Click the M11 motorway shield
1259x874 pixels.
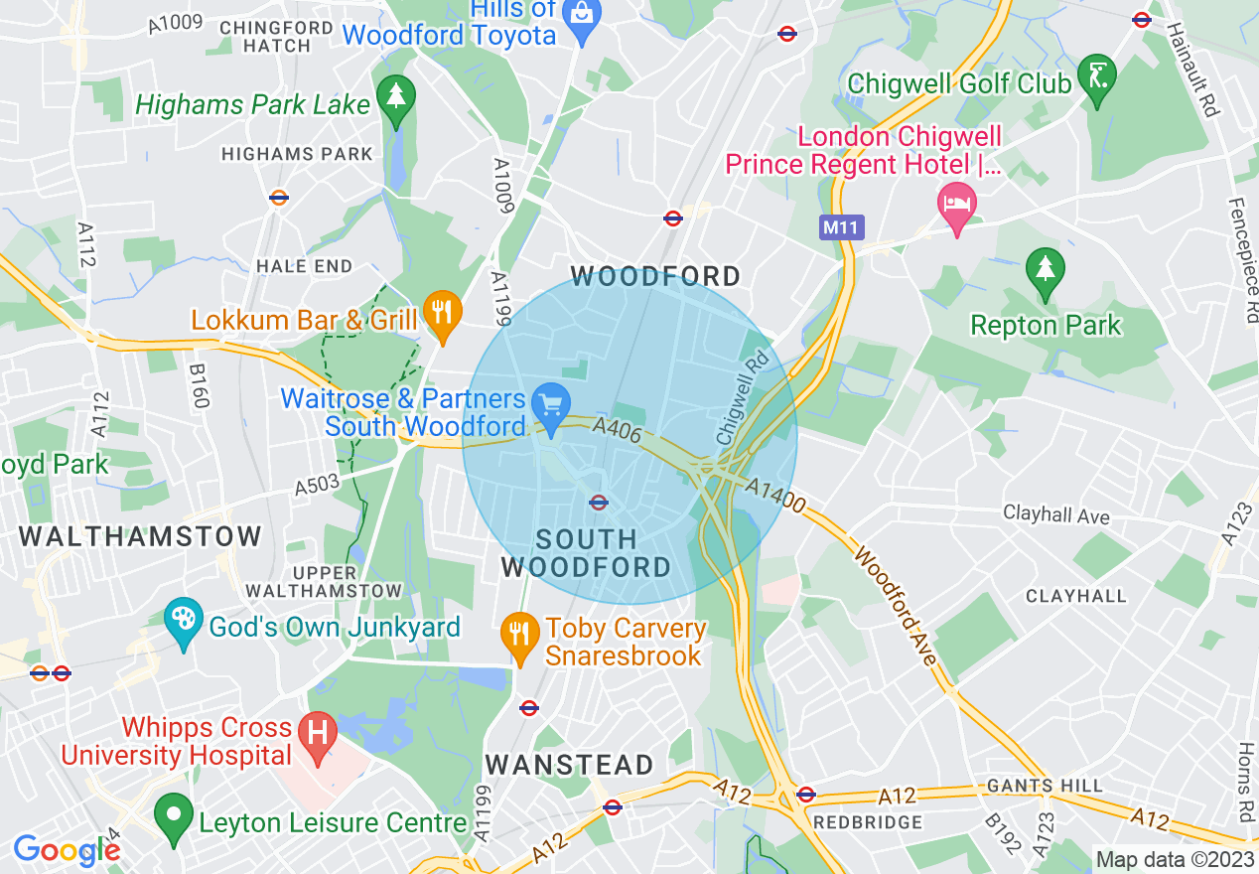[x=842, y=227]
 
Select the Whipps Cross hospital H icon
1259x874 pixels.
[x=318, y=736]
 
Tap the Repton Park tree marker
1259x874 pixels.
[x=1045, y=269]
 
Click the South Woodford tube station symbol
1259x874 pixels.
[x=598, y=503]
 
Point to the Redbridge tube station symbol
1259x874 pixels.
[x=805, y=795]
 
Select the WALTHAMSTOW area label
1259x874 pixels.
[x=140, y=537]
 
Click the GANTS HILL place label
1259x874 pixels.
[x=1045, y=786]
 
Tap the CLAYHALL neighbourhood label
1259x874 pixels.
[x=1076, y=596]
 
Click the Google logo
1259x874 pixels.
[x=67, y=850]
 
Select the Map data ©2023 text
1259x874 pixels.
[x=1174, y=859]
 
